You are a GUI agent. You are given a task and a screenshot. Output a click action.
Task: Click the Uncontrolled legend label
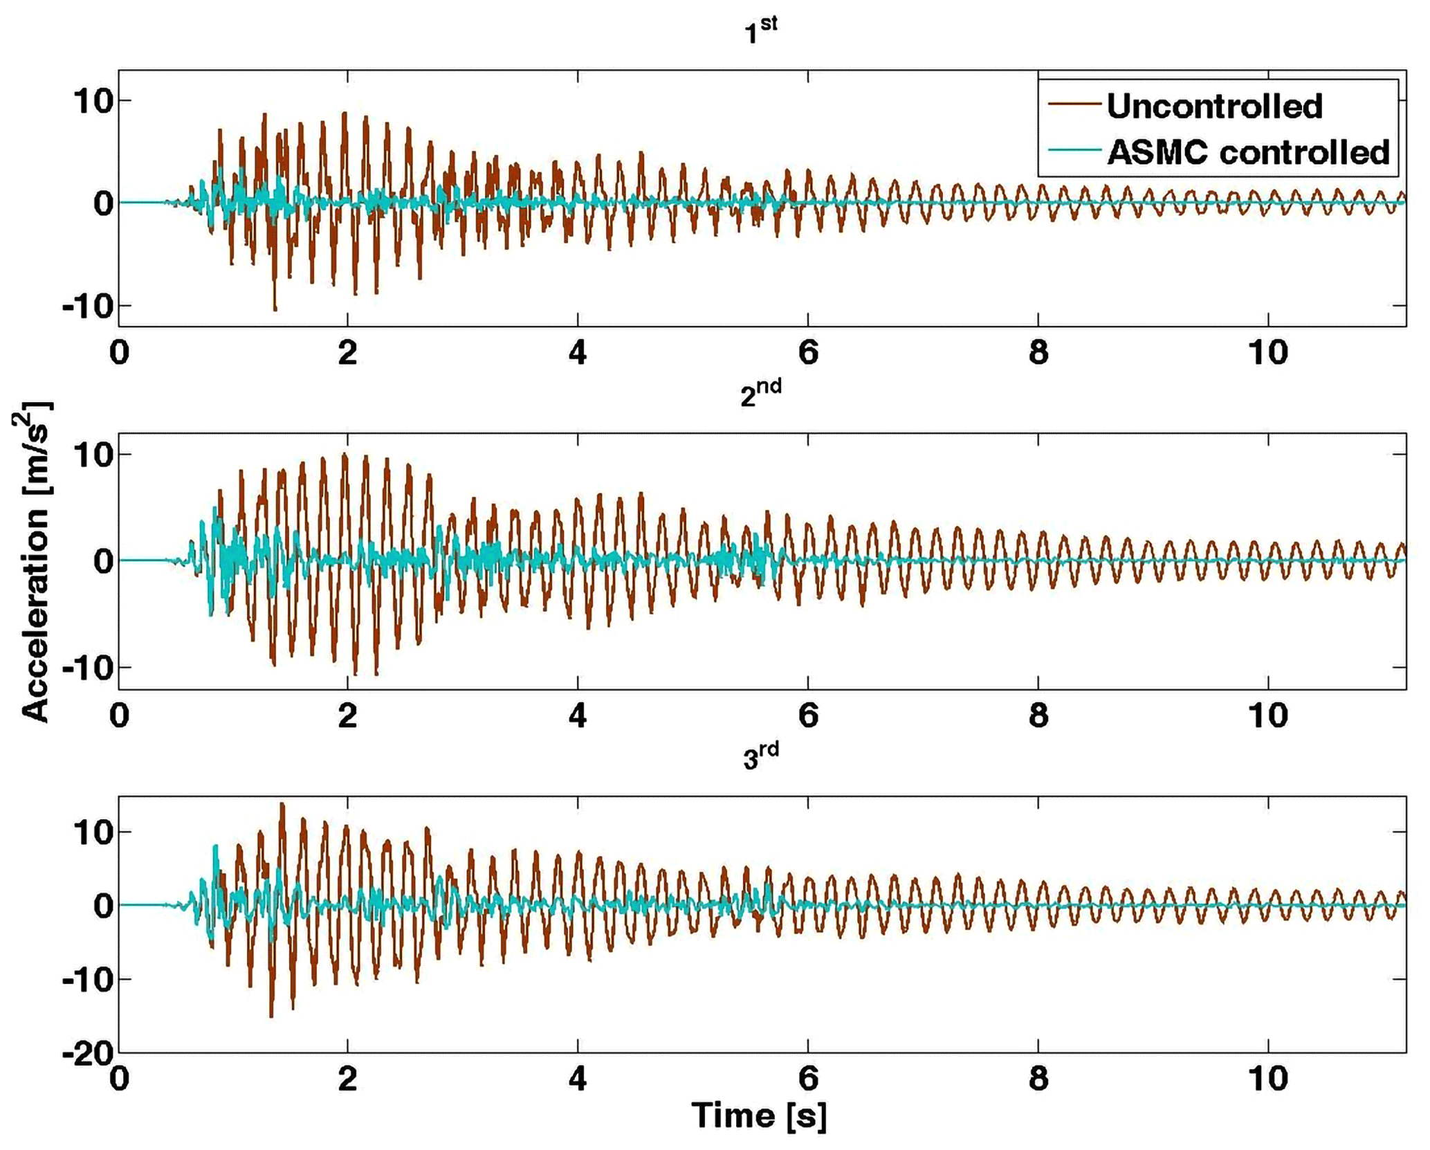click(1215, 106)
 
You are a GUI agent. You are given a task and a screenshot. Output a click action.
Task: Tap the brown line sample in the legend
click(1074, 104)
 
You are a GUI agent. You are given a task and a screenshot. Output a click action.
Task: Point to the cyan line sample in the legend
click(1074, 150)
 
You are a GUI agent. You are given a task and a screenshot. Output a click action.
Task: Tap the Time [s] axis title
click(760, 1115)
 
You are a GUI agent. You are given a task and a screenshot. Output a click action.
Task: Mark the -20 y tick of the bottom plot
click(87, 1055)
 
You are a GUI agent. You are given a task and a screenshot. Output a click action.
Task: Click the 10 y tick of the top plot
click(93, 101)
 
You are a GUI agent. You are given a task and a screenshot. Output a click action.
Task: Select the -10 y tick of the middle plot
click(87, 669)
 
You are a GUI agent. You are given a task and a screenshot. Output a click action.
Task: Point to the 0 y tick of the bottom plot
click(102, 905)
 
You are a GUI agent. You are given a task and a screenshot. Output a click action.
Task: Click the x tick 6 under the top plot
click(807, 353)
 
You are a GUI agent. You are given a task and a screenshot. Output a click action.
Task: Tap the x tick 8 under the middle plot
click(1038, 715)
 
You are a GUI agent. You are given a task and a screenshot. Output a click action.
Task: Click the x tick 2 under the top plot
click(348, 353)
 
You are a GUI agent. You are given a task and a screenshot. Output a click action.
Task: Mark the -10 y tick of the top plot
click(87, 307)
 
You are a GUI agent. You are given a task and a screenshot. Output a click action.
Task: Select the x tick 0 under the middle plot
click(119, 715)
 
